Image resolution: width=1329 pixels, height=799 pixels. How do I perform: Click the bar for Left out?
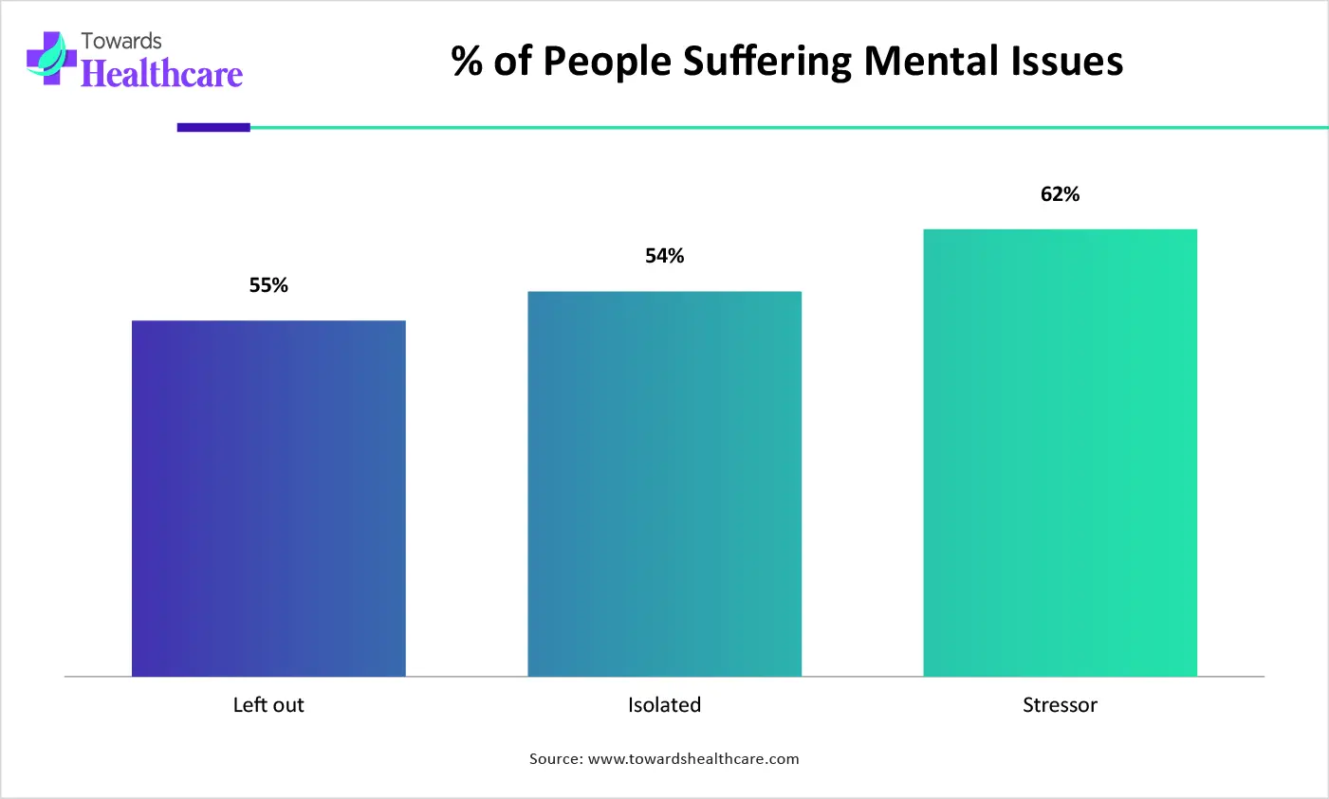pos(268,498)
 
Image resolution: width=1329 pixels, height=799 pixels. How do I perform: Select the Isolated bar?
pos(664,483)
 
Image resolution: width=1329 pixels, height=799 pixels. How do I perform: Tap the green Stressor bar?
pos(1060,452)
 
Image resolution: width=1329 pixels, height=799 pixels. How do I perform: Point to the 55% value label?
pos(268,285)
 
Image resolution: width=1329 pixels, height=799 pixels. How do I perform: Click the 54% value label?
pos(664,256)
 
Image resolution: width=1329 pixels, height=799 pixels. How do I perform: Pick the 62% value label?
pos(1060,194)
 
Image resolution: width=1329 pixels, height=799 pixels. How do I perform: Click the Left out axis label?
pos(268,705)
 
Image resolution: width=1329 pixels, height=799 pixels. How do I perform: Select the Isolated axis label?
pos(664,705)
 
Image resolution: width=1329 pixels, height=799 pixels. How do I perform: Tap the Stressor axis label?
pos(1060,705)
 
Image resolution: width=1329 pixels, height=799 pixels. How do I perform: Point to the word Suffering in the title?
pos(767,62)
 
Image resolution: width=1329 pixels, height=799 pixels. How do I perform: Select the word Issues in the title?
pos(1068,62)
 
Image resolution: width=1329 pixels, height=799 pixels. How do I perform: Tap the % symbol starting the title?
pos(467,62)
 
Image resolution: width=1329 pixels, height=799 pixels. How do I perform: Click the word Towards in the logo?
pos(121,41)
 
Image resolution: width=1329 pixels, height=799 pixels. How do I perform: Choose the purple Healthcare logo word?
pos(161,74)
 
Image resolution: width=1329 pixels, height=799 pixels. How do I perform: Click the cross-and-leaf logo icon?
pos(51,58)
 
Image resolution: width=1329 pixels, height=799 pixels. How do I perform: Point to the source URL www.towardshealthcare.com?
pos(693,759)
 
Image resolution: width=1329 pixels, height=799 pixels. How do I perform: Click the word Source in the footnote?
pos(554,759)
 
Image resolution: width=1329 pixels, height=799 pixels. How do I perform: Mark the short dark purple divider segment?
pos(213,127)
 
